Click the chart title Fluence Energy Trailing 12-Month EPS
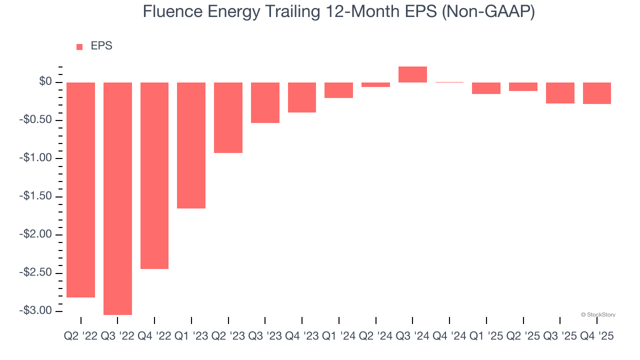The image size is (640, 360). (x=338, y=11)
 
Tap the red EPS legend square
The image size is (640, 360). (x=79, y=47)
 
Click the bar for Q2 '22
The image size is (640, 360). (x=80, y=190)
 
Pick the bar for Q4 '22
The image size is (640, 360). (x=154, y=175)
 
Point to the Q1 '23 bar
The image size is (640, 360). (x=191, y=145)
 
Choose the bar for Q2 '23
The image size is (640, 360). (x=228, y=117)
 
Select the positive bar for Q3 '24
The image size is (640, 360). (x=412, y=74)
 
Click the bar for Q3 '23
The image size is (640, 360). (x=265, y=102)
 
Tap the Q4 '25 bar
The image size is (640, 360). (x=597, y=93)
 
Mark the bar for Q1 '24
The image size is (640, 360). (x=338, y=90)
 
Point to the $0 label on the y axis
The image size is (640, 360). (x=45, y=81)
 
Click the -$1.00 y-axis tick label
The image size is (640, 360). (x=35, y=158)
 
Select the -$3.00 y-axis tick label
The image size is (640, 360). (x=35, y=310)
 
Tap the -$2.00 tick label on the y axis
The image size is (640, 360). (x=35, y=234)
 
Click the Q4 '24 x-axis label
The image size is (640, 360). (x=449, y=336)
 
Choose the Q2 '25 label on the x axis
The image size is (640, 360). (x=523, y=336)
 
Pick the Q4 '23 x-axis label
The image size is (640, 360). (x=301, y=336)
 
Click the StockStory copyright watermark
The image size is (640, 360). (x=598, y=315)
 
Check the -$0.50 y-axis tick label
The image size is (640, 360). (x=35, y=120)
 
